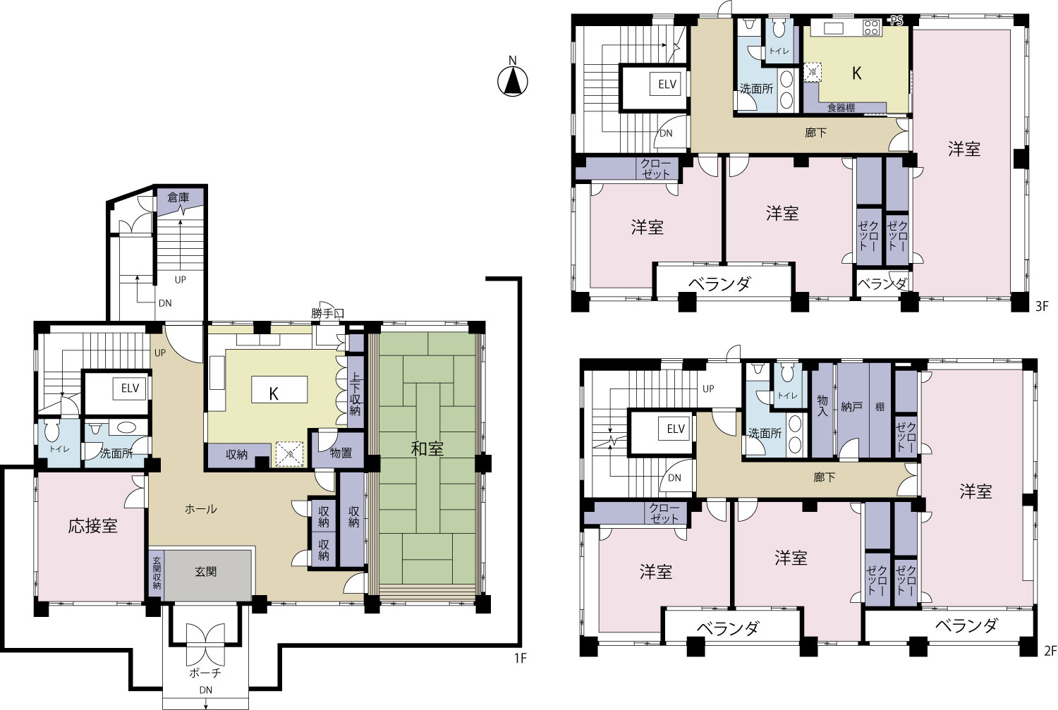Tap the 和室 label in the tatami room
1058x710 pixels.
point(427,448)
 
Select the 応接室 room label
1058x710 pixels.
point(93,526)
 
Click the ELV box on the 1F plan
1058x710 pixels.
point(130,388)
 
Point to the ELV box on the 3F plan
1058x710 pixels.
point(667,85)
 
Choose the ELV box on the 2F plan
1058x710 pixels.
point(676,429)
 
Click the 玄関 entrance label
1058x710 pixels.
point(206,572)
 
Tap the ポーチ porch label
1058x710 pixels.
point(205,673)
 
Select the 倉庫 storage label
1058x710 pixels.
point(178,197)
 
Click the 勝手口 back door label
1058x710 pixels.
point(327,313)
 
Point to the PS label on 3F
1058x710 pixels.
point(896,20)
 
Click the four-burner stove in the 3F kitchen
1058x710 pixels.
point(871,27)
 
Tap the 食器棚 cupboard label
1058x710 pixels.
point(841,108)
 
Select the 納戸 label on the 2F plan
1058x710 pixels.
point(851,406)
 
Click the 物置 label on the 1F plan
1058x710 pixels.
point(341,453)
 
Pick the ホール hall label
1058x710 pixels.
point(201,508)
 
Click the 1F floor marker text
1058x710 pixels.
point(520,658)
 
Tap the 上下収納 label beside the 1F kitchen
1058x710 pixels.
point(355,395)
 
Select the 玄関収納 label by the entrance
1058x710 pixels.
point(157,573)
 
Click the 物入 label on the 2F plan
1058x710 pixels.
point(822,406)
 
